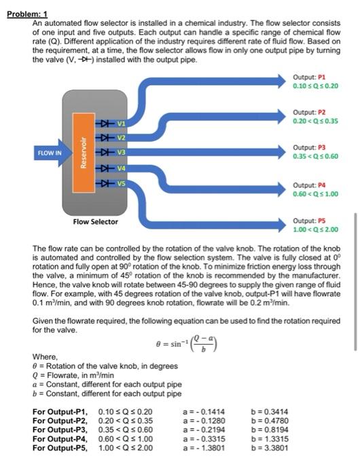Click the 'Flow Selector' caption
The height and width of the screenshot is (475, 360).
click(x=95, y=222)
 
